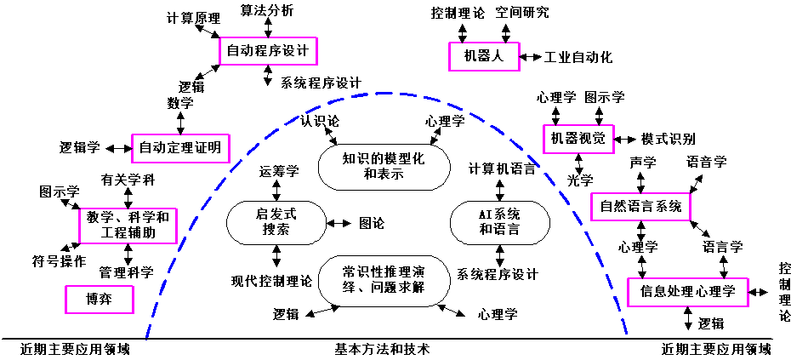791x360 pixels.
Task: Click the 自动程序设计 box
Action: [267, 51]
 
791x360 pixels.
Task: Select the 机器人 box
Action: [484, 56]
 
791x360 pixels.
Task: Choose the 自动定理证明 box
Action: [179, 147]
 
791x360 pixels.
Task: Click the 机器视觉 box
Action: [578, 139]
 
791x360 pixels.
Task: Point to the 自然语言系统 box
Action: [640, 205]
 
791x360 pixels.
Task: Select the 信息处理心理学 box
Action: [687, 291]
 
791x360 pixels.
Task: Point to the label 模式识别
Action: [668, 139]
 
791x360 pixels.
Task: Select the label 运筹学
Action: [280, 171]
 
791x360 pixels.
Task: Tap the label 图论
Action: [371, 224]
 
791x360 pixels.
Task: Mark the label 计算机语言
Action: [502, 169]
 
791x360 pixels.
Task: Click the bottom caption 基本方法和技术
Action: [383, 349]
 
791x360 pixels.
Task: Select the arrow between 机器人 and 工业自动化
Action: [531, 57]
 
